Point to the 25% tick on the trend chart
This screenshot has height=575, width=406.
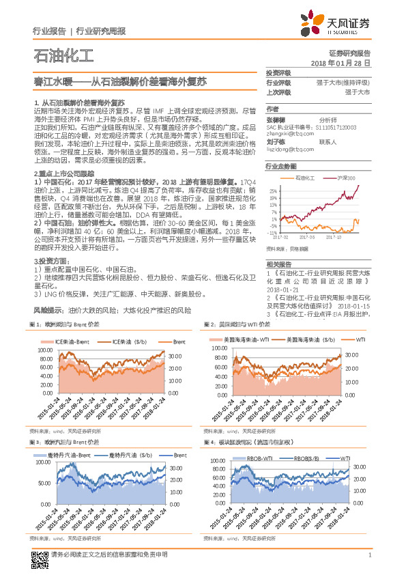pyautogui.click(x=273, y=191)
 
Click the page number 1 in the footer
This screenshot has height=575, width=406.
pyautogui.click(x=369, y=561)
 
